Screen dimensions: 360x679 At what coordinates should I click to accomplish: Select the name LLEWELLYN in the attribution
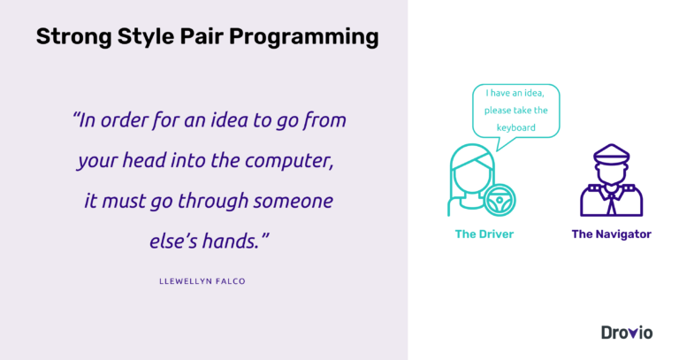[x=185, y=280]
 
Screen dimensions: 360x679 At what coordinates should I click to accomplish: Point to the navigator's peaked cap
[x=610, y=157]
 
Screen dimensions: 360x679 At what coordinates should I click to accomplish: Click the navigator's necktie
[x=610, y=203]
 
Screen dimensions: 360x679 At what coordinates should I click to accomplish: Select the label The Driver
[x=484, y=234]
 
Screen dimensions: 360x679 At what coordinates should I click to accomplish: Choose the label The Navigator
[x=611, y=234]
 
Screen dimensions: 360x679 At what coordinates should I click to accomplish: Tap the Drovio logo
[x=626, y=333]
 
